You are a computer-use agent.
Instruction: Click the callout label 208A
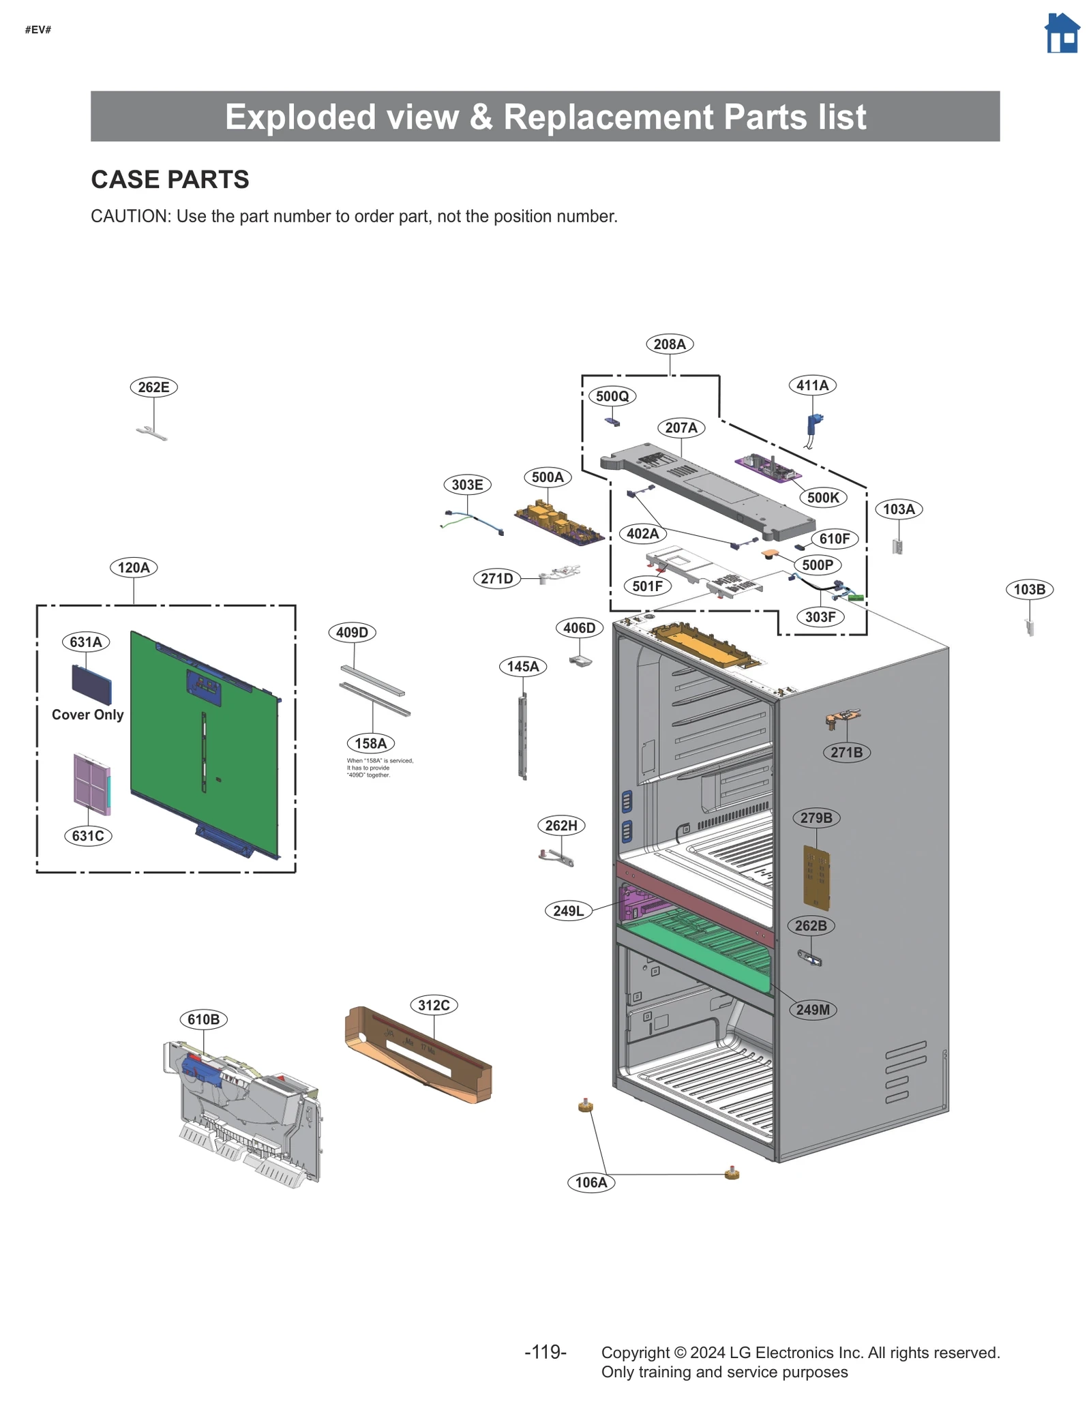[x=669, y=344]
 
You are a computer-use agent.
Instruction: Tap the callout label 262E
[x=153, y=387]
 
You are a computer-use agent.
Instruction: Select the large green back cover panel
[x=205, y=743]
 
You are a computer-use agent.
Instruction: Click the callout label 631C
[x=88, y=836]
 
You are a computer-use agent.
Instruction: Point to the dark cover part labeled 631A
[x=91, y=684]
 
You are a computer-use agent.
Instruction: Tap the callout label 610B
[x=203, y=1019]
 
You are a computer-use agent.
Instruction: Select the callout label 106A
[x=591, y=1182]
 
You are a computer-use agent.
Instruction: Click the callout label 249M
[x=813, y=1010]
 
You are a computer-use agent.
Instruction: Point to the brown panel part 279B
[x=816, y=878]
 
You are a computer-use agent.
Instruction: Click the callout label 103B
[x=1028, y=589]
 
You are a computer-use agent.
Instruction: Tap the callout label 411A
[x=812, y=385]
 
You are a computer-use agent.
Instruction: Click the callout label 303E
[x=467, y=485]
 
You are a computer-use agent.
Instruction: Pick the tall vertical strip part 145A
[x=523, y=736]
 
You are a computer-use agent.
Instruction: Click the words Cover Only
[x=87, y=715]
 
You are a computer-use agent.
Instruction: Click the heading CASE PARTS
[x=170, y=179]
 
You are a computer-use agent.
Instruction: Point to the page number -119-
[x=545, y=1351]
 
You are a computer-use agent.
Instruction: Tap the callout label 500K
[x=822, y=498]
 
